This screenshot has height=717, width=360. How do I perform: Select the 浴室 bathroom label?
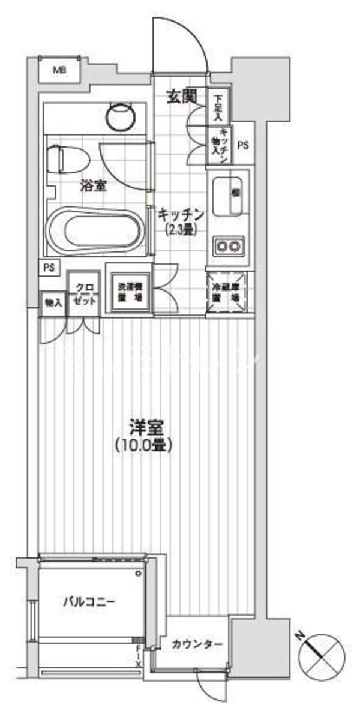tap(94, 186)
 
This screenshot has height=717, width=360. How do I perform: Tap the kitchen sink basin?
tap(228, 196)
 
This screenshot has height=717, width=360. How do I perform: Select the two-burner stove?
tap(227, 245)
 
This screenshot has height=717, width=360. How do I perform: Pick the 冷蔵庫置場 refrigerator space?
tap(227, 292)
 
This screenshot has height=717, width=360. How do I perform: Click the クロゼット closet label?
tap(83, 296)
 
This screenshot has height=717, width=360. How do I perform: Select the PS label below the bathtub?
tap(47, 268)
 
